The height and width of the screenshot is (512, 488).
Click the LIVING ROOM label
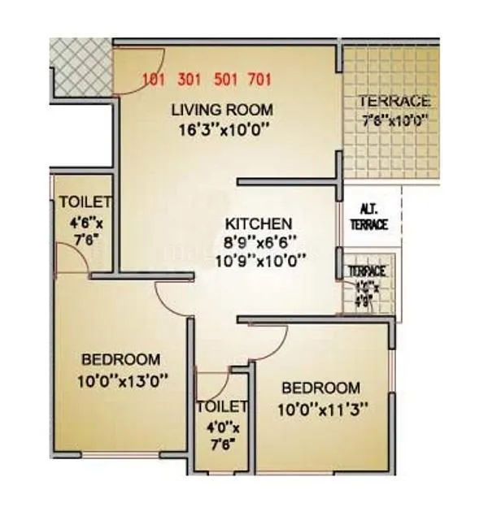(x=221, y=109)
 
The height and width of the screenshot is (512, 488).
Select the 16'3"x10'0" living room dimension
(x=221, y=128)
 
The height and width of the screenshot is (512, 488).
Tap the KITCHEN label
(x=259, y=223)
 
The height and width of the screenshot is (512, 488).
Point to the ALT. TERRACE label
(x=369, y=217)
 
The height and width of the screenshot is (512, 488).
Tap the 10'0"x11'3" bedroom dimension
(x=320, y=409)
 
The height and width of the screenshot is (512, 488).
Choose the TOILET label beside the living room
(x=85, y=203)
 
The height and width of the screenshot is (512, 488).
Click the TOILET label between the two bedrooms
(x=221, y=406)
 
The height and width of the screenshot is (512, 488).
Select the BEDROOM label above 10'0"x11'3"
(x=320, y=388)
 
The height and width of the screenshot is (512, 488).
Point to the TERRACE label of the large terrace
(x=394, y=102)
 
